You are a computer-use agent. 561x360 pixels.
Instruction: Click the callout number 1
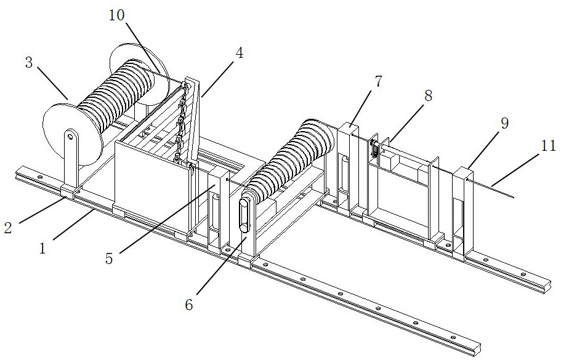point(42,248)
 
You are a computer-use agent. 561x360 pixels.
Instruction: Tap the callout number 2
point(8,227)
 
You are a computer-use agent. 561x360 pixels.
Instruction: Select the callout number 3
point(29,63)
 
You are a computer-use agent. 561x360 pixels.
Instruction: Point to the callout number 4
point(240,54)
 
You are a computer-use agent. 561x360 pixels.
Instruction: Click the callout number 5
point(109,258)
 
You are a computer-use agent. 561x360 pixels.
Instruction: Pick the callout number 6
point(189,305)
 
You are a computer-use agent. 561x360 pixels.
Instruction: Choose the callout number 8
point(428,96)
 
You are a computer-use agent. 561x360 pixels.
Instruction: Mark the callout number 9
point(504,123)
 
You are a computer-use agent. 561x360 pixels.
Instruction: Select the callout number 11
point(548,145)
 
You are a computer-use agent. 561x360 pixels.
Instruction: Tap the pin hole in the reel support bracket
point(71,137)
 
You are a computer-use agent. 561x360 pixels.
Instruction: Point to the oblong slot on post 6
point(244,216)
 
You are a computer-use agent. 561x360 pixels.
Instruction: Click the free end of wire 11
point(514,197)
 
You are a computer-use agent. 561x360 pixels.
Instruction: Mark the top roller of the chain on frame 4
point(185,86)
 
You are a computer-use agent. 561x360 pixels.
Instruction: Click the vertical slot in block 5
point(215,210)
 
